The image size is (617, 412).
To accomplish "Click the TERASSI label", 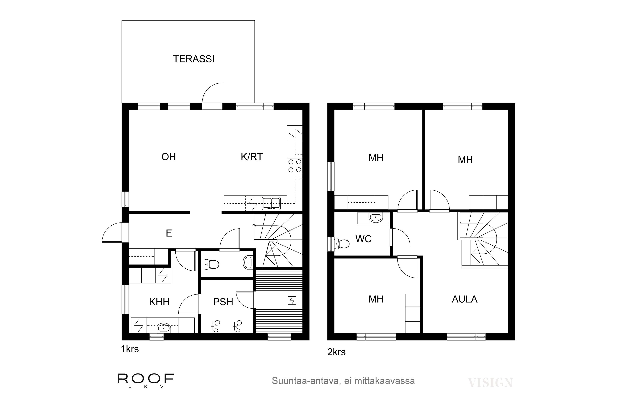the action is tap(194, 59).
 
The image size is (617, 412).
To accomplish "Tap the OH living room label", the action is tap(169, 157).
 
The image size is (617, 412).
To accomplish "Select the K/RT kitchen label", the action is tap(252, 157).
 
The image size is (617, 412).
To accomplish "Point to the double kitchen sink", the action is tap(271, 203).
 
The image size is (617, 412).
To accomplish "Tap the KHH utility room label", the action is tap(159, 302).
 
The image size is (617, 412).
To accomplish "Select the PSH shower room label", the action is tap(223, 302).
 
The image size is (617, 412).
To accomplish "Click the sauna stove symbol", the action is tap(292, 300).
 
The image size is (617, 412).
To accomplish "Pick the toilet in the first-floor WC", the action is tap(211, 264).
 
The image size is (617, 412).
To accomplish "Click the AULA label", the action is tap(465, 299).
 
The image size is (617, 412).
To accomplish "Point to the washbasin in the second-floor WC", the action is tap(376, 218).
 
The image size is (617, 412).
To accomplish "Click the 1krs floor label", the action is tap(130, 349).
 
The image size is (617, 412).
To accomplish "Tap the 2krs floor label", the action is tap(336, 352).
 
